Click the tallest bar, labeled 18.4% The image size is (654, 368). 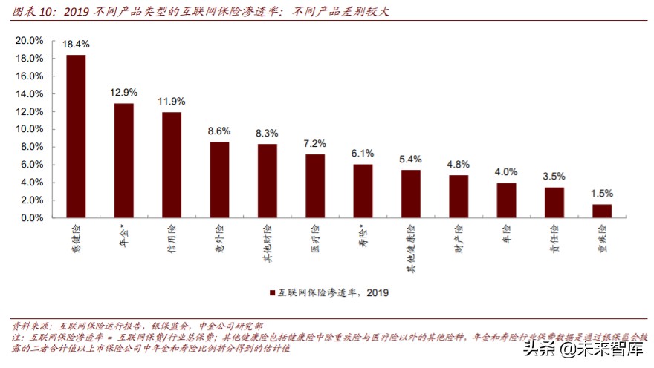pyautogui.click(x=76, y=137)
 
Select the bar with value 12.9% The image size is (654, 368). pyautogui.click(x=123, y=160)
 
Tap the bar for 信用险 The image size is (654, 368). pyautogui.click(x=172, y=165)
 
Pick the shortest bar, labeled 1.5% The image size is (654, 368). pyautogui.click(x=602, y=211)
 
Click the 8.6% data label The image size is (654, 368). pyautogui.click(x=219, y=131)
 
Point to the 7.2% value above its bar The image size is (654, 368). pyautogui.click(x=315, y=142)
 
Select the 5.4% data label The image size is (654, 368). pyautogui.click(x=411, y=159)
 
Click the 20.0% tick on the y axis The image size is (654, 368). pyautogui.click(x=30, y=41)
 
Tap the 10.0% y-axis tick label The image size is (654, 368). pyautogui.click(x=30, y=129)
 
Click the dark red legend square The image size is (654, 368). pyautogui.click(x=273, y=292)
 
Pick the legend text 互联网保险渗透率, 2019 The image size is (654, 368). pyautogui.click(x=334, y=292)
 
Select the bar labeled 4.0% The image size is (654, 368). pyautogui.click(x=506, y=200)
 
